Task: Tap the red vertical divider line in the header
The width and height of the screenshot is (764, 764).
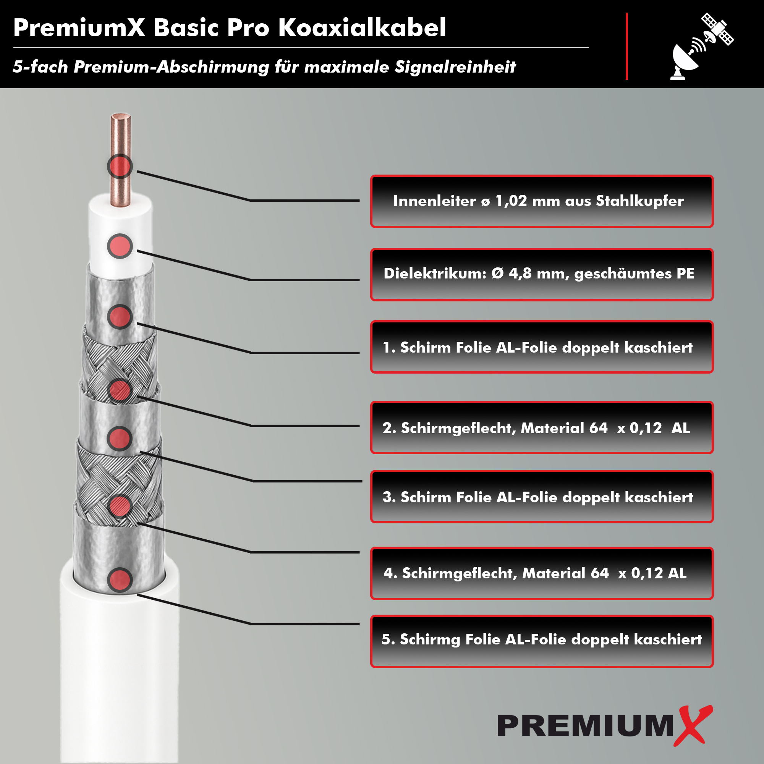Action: coord(627,46)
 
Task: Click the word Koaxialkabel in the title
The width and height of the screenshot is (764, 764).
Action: coord(362,28)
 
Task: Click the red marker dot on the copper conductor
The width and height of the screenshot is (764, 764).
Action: coord(120,166)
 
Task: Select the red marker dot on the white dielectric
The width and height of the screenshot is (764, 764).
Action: coord(120,246)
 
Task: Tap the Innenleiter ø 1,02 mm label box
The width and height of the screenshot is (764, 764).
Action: coord(542,201)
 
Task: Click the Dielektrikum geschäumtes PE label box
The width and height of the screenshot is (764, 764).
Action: coord(542,274)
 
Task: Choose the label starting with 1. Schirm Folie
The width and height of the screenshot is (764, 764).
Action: coord(542,347)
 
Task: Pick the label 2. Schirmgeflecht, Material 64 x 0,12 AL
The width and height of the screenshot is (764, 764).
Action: coord(542,427)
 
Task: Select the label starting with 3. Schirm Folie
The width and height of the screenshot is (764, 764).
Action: coord(542,497)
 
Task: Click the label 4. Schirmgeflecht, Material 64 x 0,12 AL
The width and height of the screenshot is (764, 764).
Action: coord(542,573)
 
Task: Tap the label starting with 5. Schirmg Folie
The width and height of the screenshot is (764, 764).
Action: coord(542,641)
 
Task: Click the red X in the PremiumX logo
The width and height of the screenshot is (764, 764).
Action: coord(693,726)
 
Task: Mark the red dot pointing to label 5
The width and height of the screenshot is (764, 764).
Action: coord(120,580)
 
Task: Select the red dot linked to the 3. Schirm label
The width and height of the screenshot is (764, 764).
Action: coord(120,439)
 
